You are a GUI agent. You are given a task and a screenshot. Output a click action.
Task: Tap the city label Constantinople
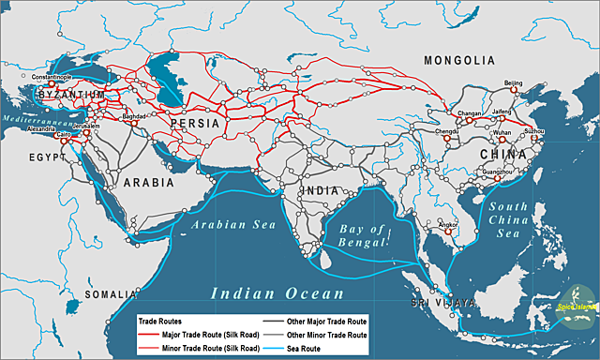click(52, 77)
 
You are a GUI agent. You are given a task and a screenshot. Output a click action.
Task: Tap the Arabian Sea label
click(225, 226)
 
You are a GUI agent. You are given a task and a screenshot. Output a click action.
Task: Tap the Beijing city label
click(513, 83)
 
